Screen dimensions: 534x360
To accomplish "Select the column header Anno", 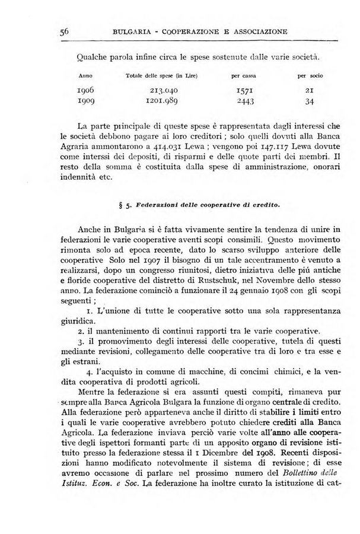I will point(86,76).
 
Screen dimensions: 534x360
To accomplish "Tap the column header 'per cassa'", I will point(243,76).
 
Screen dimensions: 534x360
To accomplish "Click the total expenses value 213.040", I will point(161,91).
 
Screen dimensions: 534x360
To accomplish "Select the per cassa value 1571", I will point(243,91).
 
